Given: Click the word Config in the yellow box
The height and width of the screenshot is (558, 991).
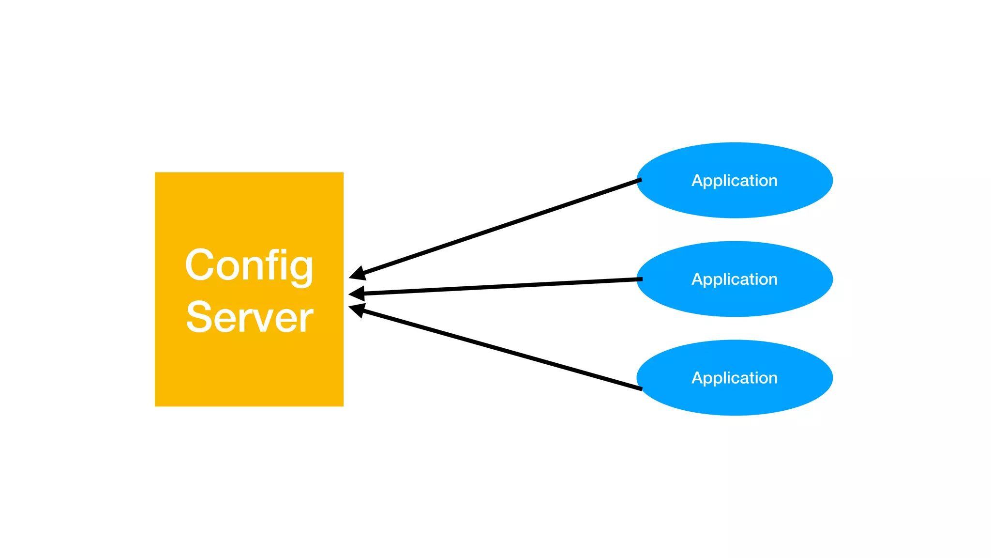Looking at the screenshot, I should [x=249, y=265].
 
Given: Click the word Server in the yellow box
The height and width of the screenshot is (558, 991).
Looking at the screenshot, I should [x=249, y=318].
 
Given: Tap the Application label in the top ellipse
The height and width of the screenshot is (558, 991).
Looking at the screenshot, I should [x=734, y=181].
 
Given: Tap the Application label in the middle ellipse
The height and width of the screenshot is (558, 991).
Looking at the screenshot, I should [x=734, y=279].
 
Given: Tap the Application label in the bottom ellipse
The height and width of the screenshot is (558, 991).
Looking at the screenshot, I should [x=734, y=378].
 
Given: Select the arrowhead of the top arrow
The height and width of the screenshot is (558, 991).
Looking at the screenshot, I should [x=357, y=274].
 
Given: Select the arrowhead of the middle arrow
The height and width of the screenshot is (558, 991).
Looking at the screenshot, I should [x=357, y=294].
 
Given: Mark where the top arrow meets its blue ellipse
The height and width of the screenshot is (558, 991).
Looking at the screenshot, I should [x=640, y=180].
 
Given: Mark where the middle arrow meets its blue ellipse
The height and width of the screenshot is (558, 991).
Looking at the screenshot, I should [x=641, y=279].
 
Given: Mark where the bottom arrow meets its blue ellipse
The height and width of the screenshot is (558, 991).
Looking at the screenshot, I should [x=640, y=388].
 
